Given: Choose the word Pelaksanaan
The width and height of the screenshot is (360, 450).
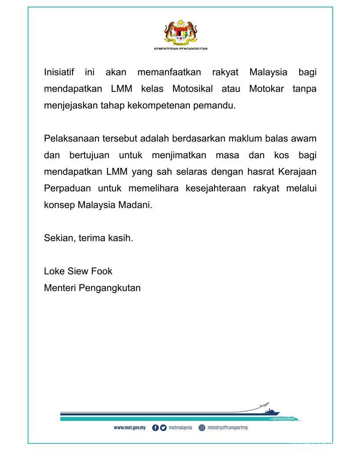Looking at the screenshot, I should click(69, 139).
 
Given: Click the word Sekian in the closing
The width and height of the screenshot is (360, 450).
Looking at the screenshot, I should click(58, 239).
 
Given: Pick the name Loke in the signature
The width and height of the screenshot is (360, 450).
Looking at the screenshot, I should click(54, 271).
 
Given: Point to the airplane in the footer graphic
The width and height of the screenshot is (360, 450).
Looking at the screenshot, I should click(265, 404).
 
